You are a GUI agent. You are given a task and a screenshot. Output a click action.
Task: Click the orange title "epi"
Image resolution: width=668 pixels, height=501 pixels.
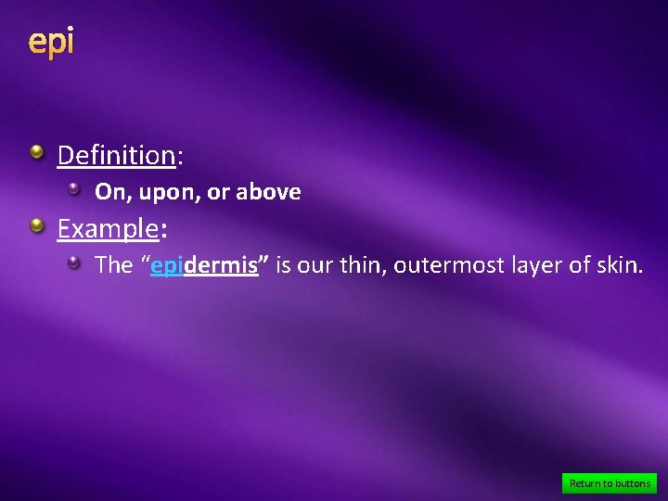click(50, 42)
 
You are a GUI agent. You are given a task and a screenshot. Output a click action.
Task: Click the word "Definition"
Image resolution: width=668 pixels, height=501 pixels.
click(116, 155)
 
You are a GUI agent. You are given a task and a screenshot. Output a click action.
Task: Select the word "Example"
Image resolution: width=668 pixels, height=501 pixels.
click(108, 227)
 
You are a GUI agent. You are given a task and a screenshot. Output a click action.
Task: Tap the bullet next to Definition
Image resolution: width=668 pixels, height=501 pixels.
click(35, 152)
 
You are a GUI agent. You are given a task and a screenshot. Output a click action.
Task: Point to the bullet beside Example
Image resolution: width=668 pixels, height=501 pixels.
click(35, 225)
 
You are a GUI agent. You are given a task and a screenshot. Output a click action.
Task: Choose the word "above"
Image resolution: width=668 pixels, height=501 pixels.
click(268, 192)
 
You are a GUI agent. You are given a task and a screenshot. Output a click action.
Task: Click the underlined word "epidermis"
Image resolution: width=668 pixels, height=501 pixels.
click(204, 265)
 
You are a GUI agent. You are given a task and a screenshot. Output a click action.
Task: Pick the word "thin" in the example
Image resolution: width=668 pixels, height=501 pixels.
click(362, 265)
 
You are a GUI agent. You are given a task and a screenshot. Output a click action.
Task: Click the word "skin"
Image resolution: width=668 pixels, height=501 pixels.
click(619, 265)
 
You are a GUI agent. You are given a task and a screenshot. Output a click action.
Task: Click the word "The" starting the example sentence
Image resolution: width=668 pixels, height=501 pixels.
click(114, 265)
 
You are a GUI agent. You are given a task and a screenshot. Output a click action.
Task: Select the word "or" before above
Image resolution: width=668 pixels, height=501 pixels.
click(219, 193)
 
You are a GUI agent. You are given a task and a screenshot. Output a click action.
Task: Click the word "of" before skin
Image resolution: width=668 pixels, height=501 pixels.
click(580, 265)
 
